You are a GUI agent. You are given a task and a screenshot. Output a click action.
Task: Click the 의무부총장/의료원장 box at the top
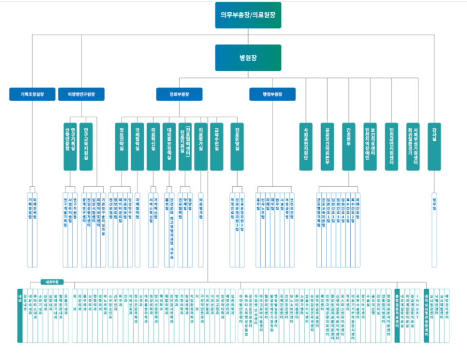248,15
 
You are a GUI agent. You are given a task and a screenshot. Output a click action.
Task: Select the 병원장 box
248,58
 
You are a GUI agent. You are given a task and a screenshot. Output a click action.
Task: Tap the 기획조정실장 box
33,94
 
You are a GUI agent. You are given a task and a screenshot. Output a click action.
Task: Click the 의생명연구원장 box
81,94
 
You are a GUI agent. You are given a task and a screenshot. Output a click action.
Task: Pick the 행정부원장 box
272,94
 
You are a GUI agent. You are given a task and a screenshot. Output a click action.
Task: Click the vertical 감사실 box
434,146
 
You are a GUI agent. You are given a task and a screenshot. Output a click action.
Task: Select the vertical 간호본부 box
348,146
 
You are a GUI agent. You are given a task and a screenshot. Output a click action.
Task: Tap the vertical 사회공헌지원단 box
306,146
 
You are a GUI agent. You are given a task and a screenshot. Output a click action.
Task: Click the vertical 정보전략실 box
122,146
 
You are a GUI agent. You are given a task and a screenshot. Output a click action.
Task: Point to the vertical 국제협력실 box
138,146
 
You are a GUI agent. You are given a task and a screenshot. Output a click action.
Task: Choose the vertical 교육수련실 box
216,146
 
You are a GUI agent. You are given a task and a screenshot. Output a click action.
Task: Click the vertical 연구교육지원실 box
88,146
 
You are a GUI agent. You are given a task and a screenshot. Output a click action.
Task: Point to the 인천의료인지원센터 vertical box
391,146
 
